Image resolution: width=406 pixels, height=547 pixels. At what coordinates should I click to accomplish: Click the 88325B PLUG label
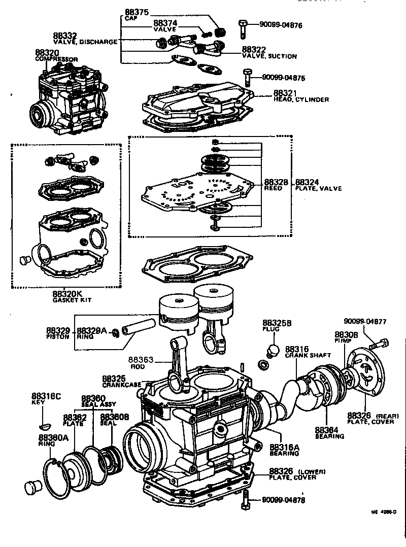coord(277,326)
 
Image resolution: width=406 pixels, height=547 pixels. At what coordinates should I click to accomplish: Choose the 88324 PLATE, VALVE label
coord(318,185)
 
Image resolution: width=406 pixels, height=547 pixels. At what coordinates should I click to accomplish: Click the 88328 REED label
coord(276,185)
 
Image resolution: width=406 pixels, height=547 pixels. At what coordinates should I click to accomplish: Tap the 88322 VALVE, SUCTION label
coord(276,53)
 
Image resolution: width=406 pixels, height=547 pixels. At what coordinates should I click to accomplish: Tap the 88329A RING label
coord(92,333)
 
